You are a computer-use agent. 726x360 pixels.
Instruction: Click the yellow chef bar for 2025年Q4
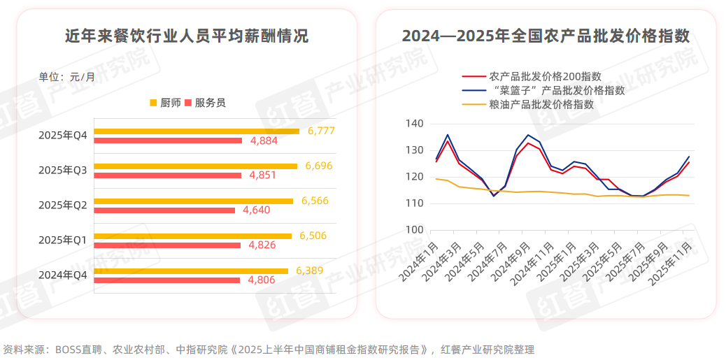196,131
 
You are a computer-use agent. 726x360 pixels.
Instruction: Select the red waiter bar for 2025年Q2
164,210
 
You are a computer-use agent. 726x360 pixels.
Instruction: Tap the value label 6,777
321,131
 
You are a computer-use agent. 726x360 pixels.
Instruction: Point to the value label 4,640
257,210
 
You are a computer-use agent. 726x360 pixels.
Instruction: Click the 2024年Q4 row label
62,275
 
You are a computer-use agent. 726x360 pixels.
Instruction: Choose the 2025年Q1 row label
62,240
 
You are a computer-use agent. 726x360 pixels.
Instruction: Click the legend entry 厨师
165,103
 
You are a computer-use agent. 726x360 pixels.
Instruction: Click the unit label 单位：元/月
66,77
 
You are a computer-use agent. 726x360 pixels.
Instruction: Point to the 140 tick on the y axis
415,124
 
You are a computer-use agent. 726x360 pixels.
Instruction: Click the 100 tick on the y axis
415,230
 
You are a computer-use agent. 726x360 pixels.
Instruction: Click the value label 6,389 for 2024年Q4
310,271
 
